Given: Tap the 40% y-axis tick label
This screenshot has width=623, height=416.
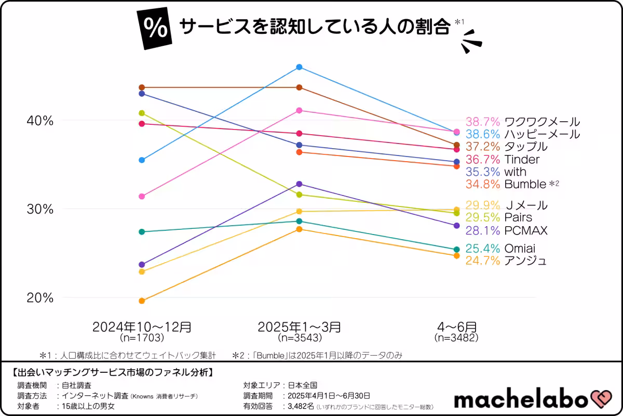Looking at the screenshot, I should click(x=40, y=121).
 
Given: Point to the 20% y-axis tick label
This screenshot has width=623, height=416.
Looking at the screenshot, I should click(x=40, y=298).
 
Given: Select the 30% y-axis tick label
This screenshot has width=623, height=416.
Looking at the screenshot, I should click(x=40, y=209).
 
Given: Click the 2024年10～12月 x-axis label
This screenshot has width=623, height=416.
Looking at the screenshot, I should click(x=142, y=327).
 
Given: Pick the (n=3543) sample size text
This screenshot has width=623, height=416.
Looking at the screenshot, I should click(x=300, y=338).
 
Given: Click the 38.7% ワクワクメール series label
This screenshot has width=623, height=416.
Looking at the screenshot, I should click(x=522, y=122).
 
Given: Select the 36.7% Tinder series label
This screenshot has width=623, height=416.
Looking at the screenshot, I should click(x=502, y=160).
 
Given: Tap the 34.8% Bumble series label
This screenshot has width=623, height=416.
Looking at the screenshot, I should click(x=511, y=184).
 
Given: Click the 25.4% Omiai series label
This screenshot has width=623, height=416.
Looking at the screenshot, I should click(x=500, y=249).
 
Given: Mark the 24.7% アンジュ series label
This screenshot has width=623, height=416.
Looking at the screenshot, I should click(x=506, y=261).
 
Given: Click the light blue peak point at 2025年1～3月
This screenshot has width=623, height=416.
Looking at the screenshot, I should click(x=299, y=67).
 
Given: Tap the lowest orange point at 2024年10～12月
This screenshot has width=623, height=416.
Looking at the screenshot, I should click(x=142, y=301).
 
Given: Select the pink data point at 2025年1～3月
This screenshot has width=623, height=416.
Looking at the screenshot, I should click(x=299, y=110).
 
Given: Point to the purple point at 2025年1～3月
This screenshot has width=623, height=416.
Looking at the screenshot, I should click(x=299, y=184).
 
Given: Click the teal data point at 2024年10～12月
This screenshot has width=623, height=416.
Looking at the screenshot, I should click(x=142, y=231).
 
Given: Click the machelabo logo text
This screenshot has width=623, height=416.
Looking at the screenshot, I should click(x=521, y=399).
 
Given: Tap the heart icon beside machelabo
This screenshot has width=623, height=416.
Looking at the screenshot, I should click(x=602, y=399).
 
